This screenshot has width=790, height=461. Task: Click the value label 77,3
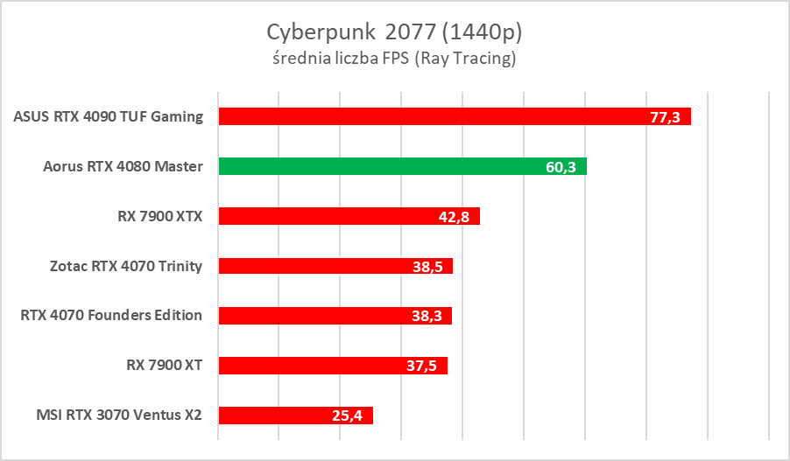[665, 117]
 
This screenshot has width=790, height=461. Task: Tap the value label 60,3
[561, 167]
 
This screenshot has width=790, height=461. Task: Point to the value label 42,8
[454, 217]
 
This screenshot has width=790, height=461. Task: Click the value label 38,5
[427, 267]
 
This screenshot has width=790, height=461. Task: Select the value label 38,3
[426, 317]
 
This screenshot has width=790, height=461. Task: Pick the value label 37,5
[421, 367]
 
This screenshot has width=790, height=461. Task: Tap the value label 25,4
[347, 416]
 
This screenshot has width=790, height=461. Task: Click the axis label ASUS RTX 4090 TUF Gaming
[109, 116]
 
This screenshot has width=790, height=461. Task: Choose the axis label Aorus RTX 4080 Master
[123, 166]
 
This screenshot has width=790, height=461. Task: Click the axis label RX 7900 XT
[164, 366]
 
